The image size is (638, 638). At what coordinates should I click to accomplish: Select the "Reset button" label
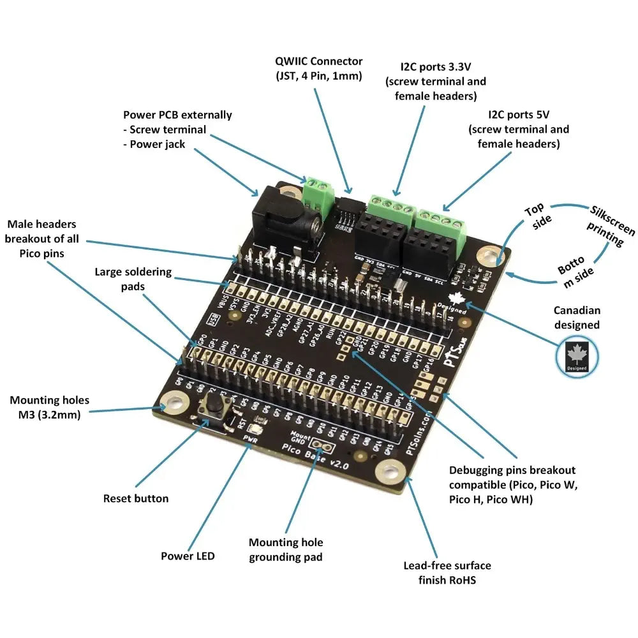click(136, 498)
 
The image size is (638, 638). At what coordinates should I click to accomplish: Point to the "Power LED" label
click(188, 556)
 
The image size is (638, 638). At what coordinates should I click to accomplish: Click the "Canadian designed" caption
click(576, 318)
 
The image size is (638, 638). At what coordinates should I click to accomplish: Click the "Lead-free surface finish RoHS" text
click(447, 572)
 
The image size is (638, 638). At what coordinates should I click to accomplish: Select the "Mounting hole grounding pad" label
click(286, 549)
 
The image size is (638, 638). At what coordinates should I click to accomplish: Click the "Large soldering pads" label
click(133, 279)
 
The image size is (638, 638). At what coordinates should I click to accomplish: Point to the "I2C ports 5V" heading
click(519, 115)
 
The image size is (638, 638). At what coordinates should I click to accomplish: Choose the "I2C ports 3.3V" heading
click(436, 67)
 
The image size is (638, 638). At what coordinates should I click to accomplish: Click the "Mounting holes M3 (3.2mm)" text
click(49, 407)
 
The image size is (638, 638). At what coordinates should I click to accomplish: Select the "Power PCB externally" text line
click(177, 115)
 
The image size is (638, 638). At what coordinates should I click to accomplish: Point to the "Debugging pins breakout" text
click(512, 470)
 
